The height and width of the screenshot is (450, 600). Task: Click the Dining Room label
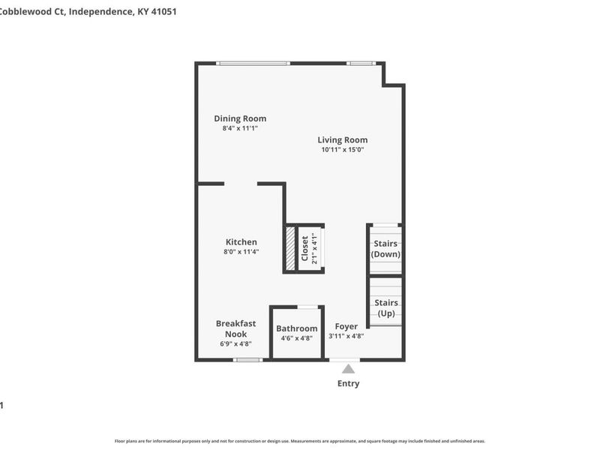tap(240, 118)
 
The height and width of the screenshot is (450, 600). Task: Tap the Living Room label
tap(342, 139)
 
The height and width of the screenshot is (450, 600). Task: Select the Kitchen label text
tap(241, 242)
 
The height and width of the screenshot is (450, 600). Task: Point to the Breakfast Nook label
tap(235, 328)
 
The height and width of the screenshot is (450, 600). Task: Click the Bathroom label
tap(296, 328)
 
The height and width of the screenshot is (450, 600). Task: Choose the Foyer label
tap(346, 326)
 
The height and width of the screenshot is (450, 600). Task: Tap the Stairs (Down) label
tap(385, 249)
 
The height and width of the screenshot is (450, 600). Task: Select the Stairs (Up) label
tap(385, 307)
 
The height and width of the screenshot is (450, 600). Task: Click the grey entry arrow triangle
tap(348, 368)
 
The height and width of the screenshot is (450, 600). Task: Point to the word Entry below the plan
tap(348, 384)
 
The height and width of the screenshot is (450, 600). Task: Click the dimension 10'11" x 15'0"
tap(342, 149)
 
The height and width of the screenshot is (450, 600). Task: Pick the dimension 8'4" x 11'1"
tap(240, 128)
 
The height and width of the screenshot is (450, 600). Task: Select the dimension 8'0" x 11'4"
tap(241, 252)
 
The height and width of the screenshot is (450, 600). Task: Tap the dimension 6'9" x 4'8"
tap(235, 343)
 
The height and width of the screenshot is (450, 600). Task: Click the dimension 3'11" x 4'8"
tap(346, 337)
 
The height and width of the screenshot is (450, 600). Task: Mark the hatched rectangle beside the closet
tap(290, 249)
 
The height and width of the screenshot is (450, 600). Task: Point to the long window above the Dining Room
tap(253, 63)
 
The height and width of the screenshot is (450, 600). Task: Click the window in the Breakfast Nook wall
tap(247, 360)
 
